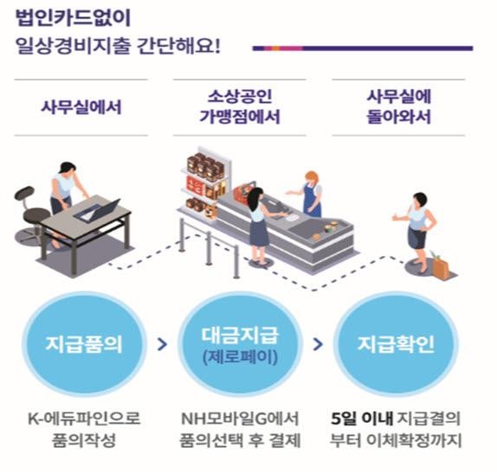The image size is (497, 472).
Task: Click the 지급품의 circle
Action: tap(84, 344)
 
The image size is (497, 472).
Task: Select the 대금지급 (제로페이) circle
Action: tap(240, 344)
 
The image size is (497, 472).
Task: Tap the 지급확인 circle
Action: tap(396, 344)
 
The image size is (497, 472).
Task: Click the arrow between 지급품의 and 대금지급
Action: tap(162, 344)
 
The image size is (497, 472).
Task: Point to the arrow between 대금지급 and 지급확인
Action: tap(318, 344)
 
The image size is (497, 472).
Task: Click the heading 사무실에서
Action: tap(81, 107)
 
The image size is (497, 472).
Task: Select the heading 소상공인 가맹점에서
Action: tap(240, 107)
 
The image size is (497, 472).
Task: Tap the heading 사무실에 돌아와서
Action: tap(399, 107)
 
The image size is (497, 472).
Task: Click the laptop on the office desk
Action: tap(98, 209)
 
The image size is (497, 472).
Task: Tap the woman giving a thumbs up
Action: tap(416, 231)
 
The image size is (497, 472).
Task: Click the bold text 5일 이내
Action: tap(362, 418)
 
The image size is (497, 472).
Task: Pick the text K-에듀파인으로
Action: tap(84, 418)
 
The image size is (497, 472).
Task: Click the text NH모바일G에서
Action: tap(240, 418)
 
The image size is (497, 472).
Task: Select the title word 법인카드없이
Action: tap(73, 18)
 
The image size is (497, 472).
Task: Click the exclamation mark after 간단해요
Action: tap(216, 46)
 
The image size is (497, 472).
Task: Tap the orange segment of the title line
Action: tap(276, 48)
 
